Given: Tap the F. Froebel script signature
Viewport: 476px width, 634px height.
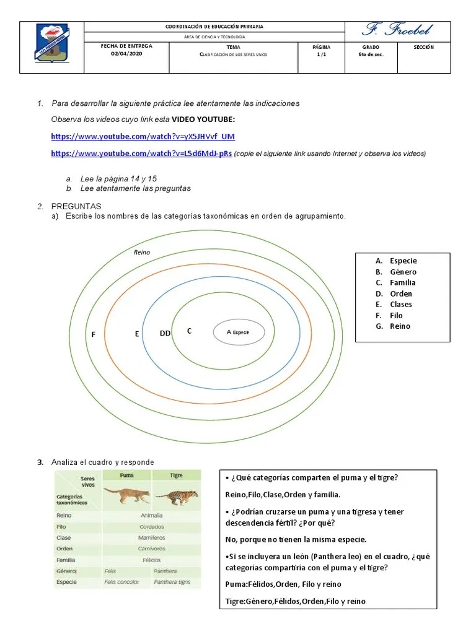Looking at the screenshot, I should click(x=397, y=29).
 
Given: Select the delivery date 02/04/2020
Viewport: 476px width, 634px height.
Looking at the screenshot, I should click(x=126, y=54).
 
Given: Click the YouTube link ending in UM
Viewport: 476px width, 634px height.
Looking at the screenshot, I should click(x=143, y=136).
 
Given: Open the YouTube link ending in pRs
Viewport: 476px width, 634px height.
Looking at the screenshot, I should click(x=141, y=153).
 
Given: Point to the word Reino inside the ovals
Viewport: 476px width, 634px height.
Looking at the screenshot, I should click(x=142, y=252).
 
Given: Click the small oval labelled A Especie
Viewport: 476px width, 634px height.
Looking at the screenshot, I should click(x=239, y=332).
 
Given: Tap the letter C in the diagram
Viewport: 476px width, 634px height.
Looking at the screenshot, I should click(x=189, y=331).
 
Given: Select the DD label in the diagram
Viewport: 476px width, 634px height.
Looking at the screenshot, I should click(x=165, y=334).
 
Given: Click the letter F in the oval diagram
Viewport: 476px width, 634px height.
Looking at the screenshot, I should click(x=94, y=334).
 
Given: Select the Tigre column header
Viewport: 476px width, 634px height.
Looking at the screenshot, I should click(x=176, y=475).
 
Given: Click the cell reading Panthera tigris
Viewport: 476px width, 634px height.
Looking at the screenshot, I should click(x=172, y=582).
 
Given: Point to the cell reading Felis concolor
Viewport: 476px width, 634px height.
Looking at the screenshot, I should click(x=122, y=582).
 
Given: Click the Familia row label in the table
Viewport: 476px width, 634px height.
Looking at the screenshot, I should click(x=66, y=560).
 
